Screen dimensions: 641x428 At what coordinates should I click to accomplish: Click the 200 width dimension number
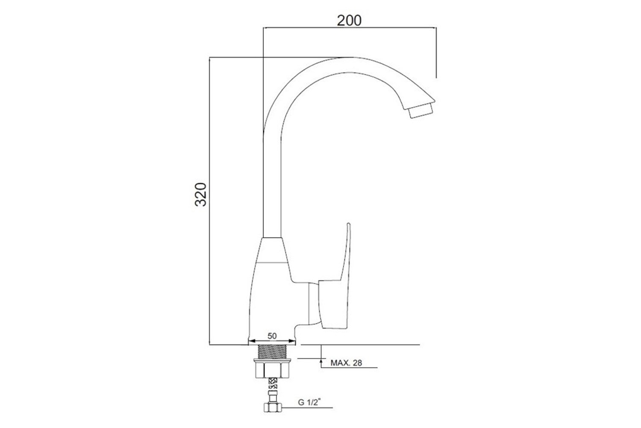point(349,21)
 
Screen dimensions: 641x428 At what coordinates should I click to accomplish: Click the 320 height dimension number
point(200,194)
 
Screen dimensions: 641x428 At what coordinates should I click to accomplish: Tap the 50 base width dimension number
point(272,336)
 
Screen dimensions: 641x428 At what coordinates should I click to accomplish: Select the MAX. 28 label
point(346,363)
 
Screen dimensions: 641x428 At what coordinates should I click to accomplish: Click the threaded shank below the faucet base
point(272,351)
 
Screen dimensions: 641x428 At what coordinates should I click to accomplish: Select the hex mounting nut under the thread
point(273,370)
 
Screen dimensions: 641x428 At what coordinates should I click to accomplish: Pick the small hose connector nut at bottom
point(273,407)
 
